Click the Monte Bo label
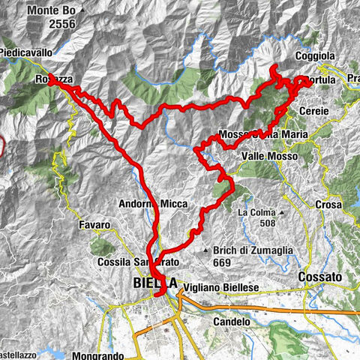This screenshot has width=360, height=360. [x=52, y=11]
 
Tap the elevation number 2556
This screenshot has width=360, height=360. [x=55, y=23]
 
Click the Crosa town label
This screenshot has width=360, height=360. [x=329, y=204]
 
